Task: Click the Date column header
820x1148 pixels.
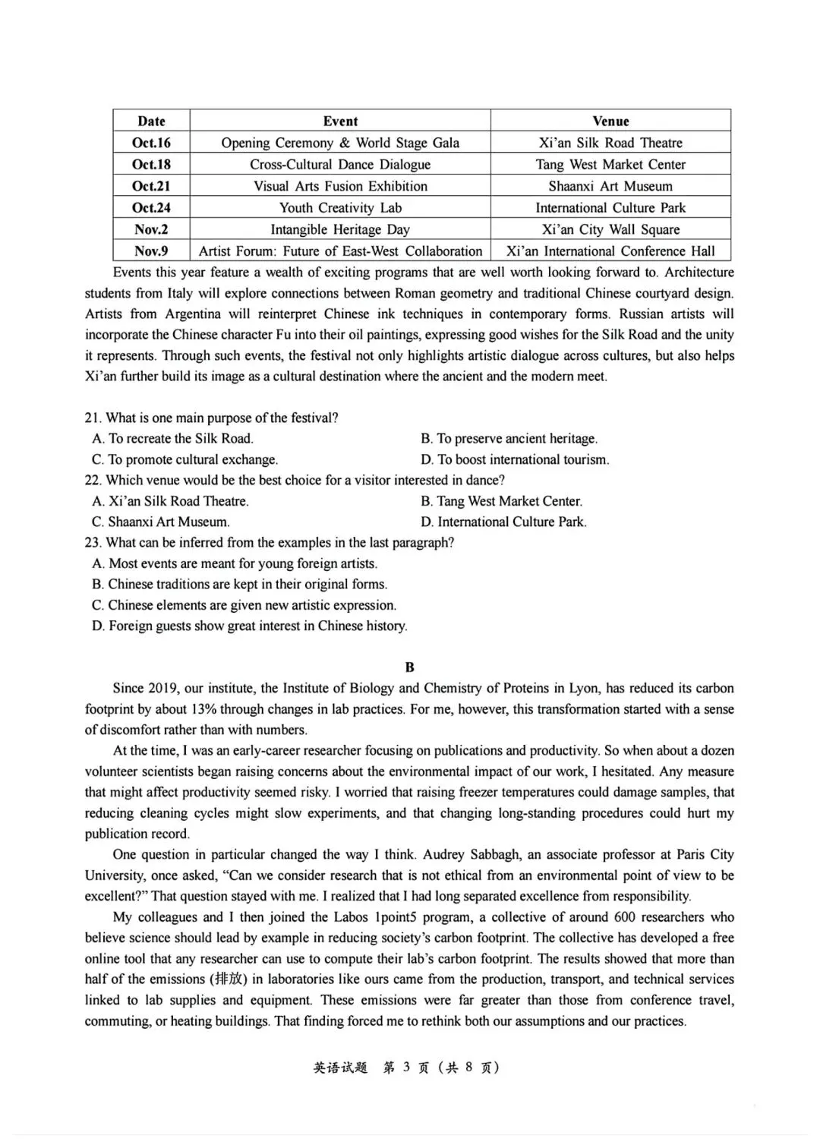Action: click(x=151, y=121)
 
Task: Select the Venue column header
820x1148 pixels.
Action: click(x=610, y=121)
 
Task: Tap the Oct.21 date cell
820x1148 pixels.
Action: click(x=151, y=186)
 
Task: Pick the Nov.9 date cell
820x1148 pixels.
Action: click(x=151, y=251)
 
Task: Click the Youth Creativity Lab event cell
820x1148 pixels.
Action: click(x=340, y=208)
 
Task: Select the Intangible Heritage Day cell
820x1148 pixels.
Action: click(x=340, y=229)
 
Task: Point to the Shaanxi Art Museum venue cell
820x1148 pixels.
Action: click(x=610, y=186)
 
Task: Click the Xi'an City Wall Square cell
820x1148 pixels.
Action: click(x=610, y=229)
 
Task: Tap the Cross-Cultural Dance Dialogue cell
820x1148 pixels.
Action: click(x=340, y=165)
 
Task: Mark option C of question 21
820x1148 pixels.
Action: click(x=184, y=460)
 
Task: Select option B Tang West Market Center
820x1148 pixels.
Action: click(x=501, y=502)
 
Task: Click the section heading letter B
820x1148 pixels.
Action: click(x=410, y=667)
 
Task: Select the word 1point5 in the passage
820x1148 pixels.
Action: click(x=399, y=917)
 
